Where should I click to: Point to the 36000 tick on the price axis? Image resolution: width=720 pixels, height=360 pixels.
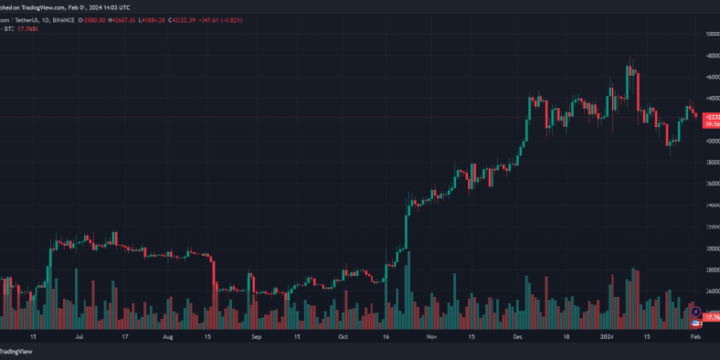tap(709, 184)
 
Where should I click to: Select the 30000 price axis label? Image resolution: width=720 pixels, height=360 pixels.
tap(709, 249)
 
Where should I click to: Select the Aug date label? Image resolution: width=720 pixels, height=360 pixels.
tap(167, 337)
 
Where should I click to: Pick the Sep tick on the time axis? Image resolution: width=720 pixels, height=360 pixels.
tap(256, 337)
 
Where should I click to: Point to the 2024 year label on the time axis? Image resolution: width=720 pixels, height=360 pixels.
tap(607, 337)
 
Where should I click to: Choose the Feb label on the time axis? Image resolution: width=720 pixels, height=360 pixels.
tap(696, 337)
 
